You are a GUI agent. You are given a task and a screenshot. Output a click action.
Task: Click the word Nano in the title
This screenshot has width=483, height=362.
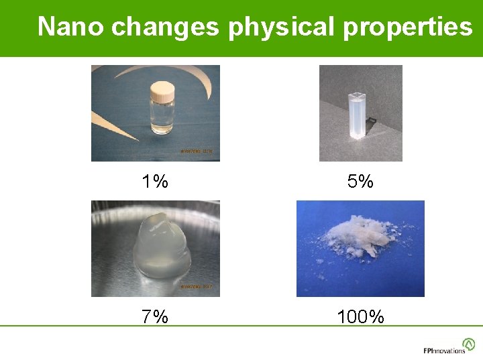[x=71, y=27]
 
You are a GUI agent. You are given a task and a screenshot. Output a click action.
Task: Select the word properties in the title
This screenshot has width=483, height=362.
[x=408, y=27]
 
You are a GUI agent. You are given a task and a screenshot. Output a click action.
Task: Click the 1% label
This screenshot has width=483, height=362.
[x=155, y=181]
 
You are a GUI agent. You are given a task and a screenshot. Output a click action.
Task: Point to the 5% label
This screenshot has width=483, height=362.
[x=361, y=181]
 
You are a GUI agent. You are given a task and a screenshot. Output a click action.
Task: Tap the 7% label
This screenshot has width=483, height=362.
[x=155, y=316]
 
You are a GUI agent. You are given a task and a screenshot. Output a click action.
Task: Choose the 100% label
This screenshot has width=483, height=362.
[x=361, y=316]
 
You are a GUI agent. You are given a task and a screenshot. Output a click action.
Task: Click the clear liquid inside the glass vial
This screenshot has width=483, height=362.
[x=162, y=121]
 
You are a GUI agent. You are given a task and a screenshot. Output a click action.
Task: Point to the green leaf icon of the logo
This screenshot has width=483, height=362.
[x=469, y=344]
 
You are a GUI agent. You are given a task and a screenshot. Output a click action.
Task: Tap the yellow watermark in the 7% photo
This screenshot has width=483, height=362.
[x=196, y=287]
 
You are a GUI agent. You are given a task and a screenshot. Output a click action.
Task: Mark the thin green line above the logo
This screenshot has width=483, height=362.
[x=241, y=326]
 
